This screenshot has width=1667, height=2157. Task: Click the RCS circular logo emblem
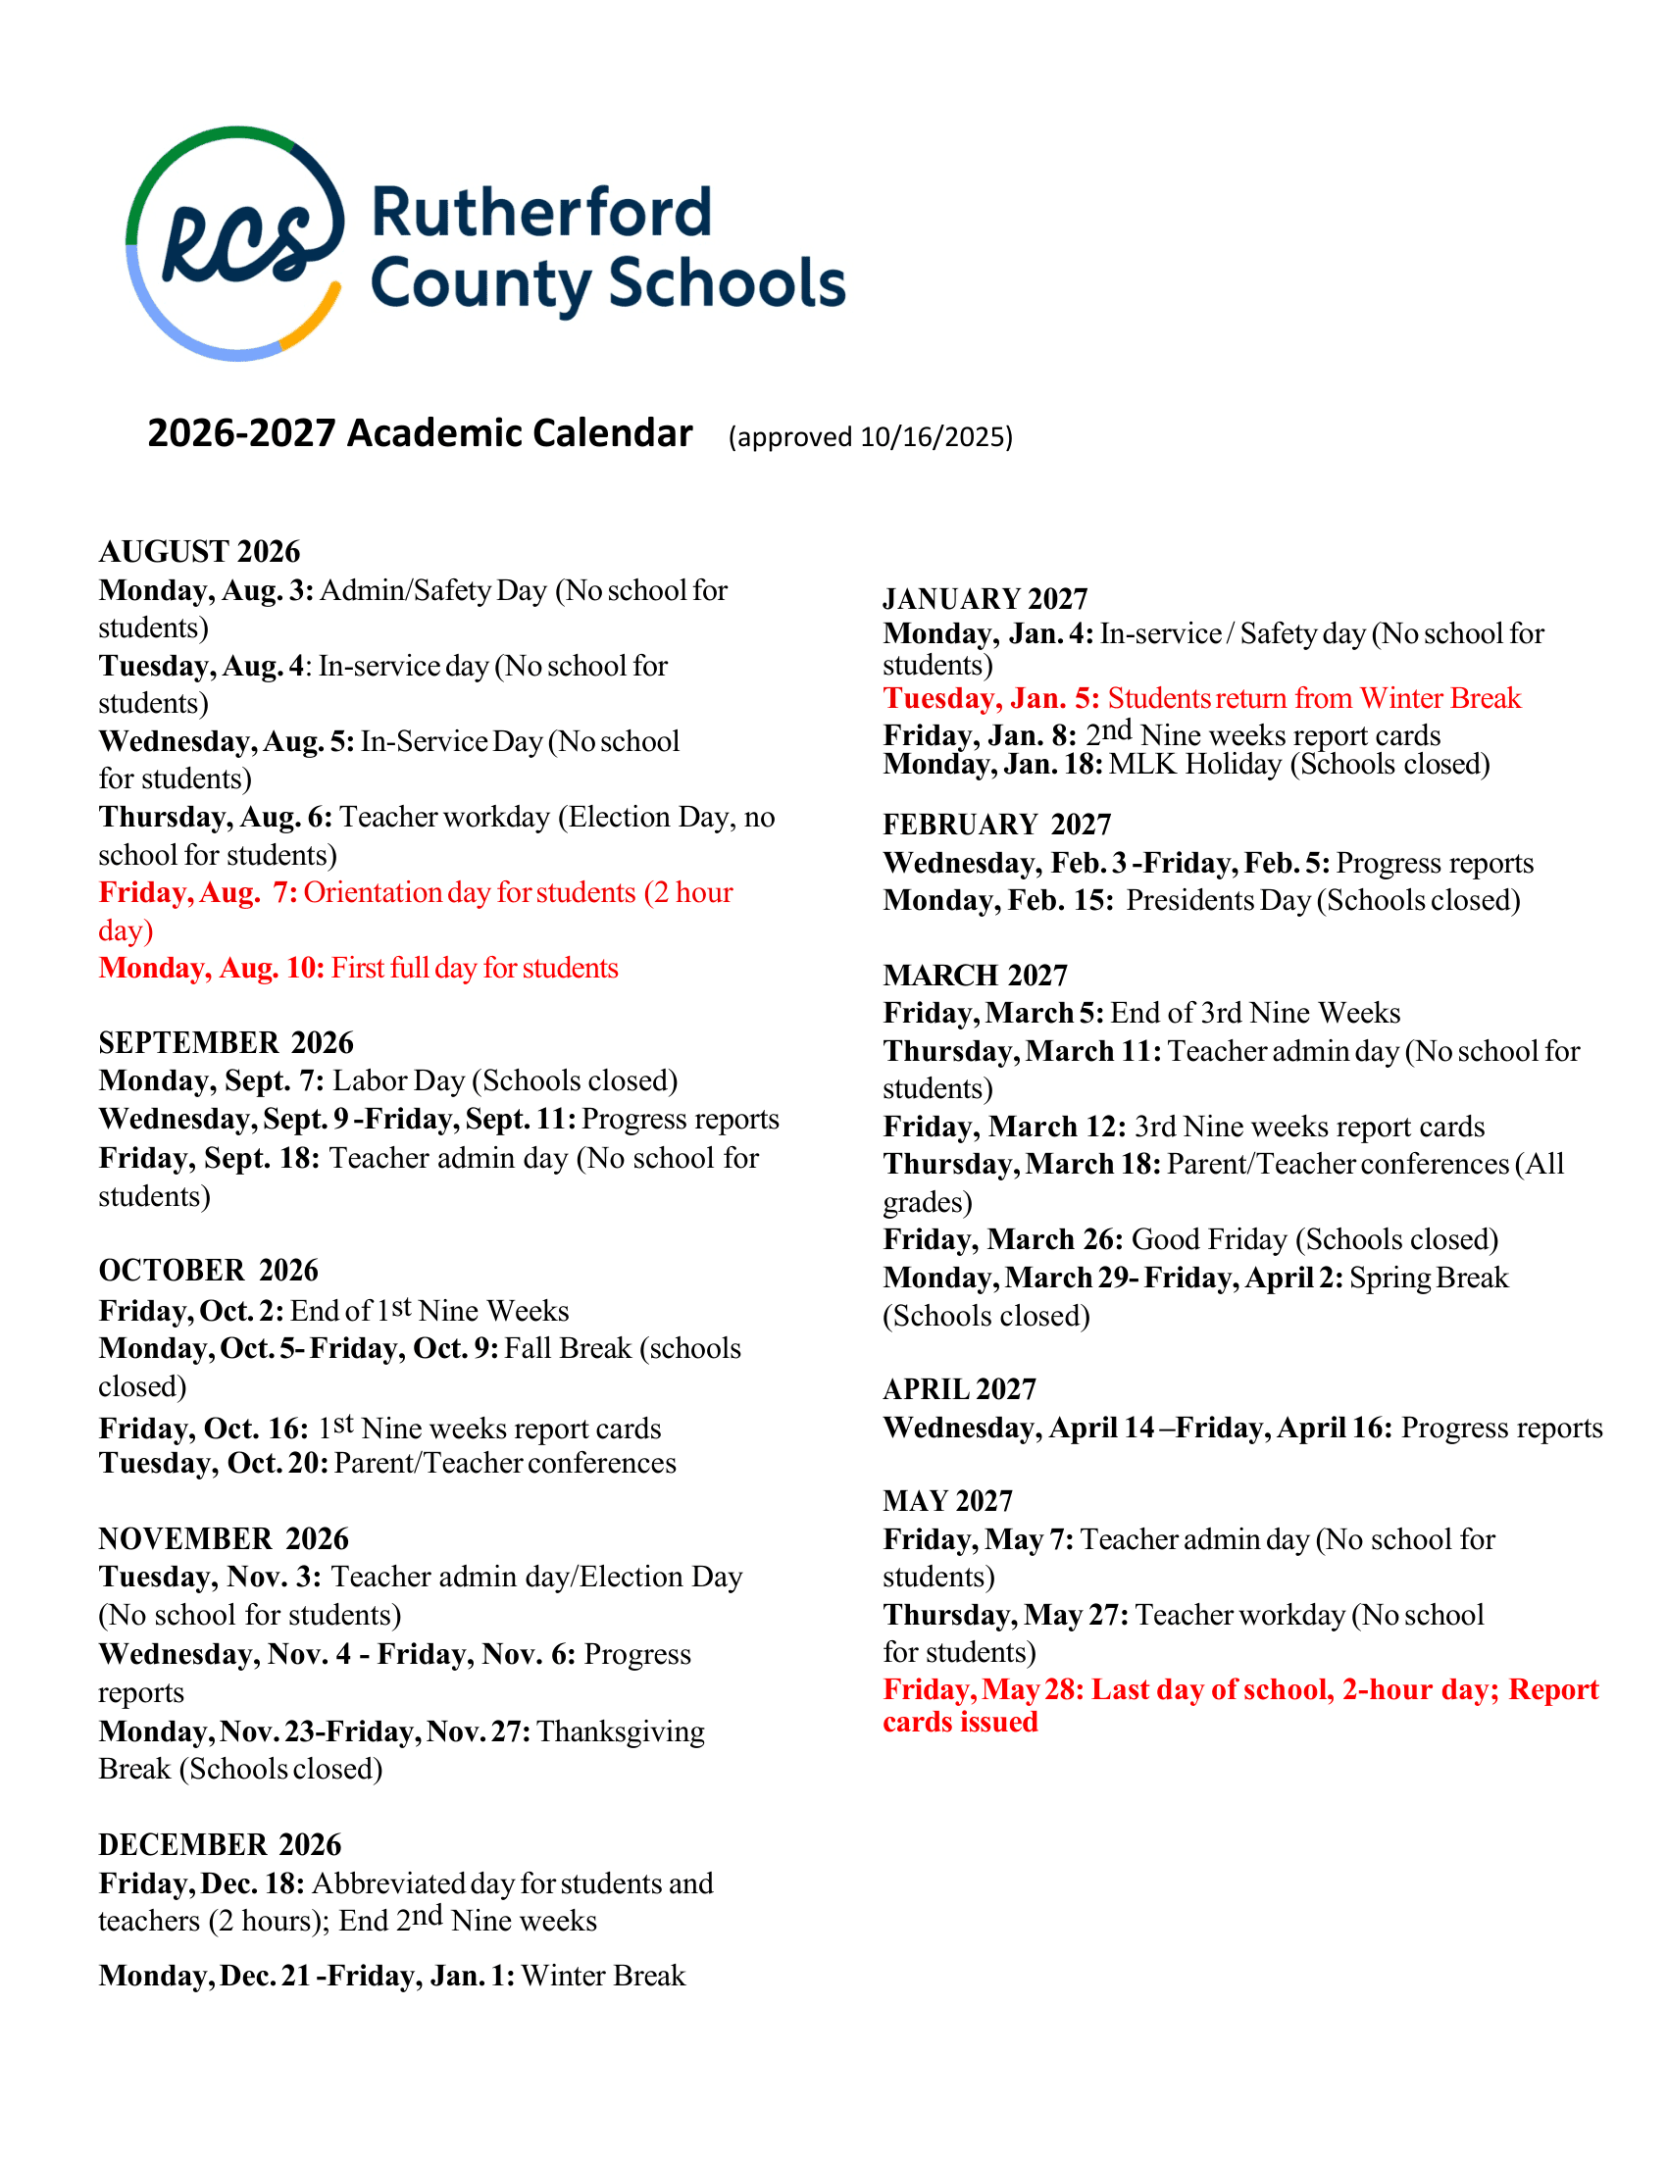pyautogui.click(x=235, y=243)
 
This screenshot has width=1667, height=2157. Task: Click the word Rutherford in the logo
pyautogui.click(x=541, y=214)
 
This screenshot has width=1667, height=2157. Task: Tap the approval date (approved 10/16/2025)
pyautogui.click(x=870, y=436)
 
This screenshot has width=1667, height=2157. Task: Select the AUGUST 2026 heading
pyautogui.click(x=199, y=551)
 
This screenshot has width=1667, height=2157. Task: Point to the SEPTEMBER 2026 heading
pyautogui.click(x=227, y=1042)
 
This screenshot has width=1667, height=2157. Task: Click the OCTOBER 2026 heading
pyautogui.click(x=208, y=1270)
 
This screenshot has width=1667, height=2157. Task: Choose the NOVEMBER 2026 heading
pyautogui.click(x=224, y=1538)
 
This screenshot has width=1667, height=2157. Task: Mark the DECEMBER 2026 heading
pyautogui.click(x=220, y=1845)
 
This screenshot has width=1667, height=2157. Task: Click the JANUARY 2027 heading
pyautogui.click(x=985, y=598)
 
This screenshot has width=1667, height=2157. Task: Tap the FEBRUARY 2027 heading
pyautogui.click(x=996, y=825)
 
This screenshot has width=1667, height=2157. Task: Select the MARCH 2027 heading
pyautogui.click(x=975, y=975)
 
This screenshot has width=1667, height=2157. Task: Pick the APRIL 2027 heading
pyautogui.click(x=959, y=1389)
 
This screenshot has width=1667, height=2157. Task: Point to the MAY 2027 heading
pyautogui.click(x=947, y=1501)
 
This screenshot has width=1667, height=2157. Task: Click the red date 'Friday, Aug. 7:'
pyautogui.click(x=197, y=893)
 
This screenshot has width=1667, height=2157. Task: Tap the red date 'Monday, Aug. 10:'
pyautogui.click(x=212, y=968)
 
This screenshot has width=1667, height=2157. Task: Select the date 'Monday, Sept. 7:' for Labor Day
pyautogui.click(x=212, y=1080)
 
